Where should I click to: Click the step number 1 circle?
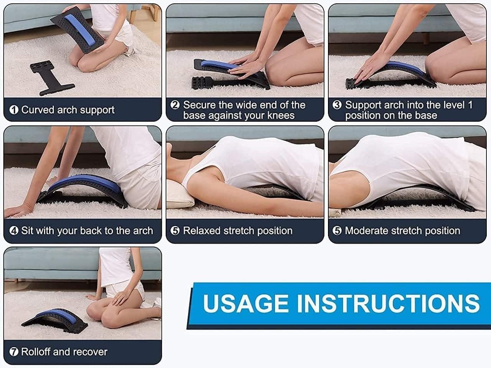14,110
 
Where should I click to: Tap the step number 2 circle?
175,105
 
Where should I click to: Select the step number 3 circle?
337,105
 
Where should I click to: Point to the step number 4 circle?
14,231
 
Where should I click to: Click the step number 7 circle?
14,352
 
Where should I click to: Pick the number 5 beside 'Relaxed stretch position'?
175,231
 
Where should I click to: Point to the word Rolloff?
36,352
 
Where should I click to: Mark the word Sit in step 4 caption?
27,231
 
